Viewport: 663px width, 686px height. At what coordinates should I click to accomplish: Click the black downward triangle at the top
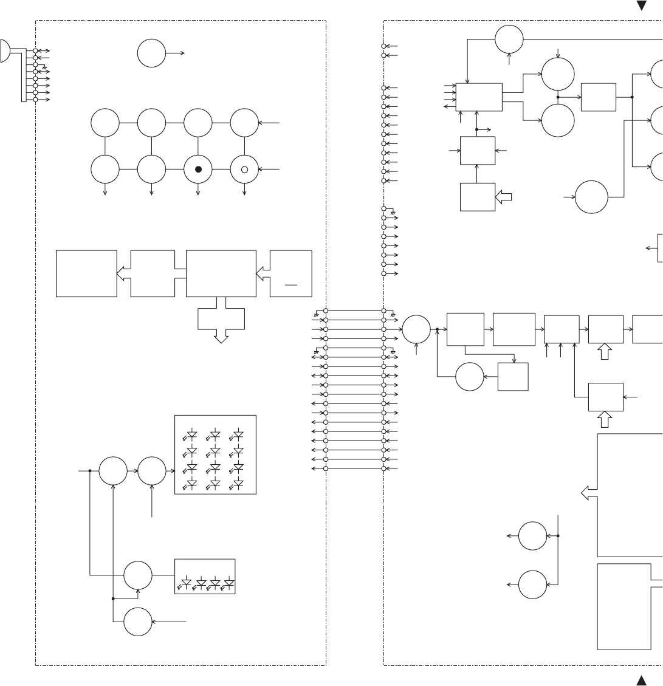[x=641, y=6]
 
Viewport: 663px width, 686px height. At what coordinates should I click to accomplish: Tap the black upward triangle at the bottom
[x=641, y=679]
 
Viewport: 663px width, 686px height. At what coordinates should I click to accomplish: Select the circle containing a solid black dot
[x=198, y=170]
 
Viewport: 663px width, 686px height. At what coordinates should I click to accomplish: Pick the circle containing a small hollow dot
[x=244, y=170]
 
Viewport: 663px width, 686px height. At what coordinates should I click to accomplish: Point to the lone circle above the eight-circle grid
[x=151, y=53]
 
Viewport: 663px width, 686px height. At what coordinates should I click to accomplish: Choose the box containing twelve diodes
[x=215, y=454]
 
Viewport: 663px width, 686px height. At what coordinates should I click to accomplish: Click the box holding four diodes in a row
[x=205, y=576]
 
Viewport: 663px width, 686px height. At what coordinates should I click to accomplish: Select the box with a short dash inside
[x=291, y=273]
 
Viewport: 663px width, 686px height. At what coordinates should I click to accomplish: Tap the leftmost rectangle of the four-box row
[x=86, y=273]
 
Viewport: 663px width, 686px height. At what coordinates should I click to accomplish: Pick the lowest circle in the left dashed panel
[x=138, y=622]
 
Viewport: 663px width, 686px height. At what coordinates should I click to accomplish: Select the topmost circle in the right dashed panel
[x=509, y=39]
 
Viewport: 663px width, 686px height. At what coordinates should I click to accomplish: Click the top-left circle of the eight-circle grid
[x=105, y=123]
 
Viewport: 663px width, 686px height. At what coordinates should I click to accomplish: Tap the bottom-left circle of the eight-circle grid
[x=105, y=170]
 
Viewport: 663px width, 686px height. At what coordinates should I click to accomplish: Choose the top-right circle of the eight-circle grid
[x=244, y=123]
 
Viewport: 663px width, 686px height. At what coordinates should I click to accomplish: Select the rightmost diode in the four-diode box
[x=229, y=584]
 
